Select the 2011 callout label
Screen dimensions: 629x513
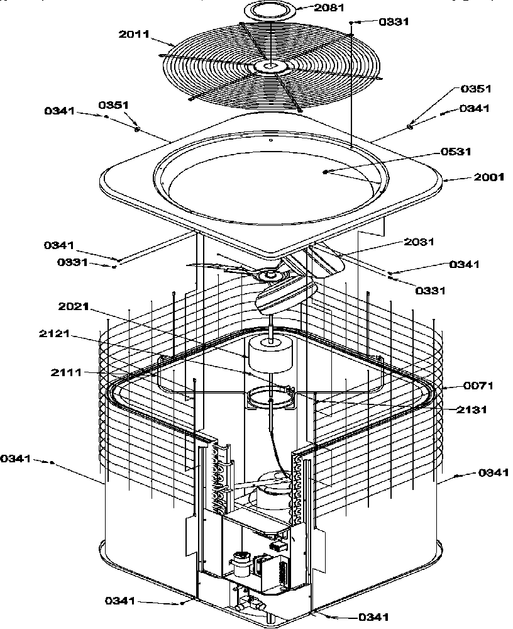(x=134, y=34)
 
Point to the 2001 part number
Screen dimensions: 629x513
(x=488, y=177)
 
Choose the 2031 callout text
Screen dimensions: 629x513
(x=419, y=242)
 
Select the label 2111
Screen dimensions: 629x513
(x=67, y=373)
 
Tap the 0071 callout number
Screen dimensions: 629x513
(x=478, y=385)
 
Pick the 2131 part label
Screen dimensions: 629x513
(x=472, y=409)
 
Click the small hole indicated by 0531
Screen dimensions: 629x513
(x=324, y=172)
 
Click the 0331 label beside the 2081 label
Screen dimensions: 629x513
(x=394, y=21)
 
